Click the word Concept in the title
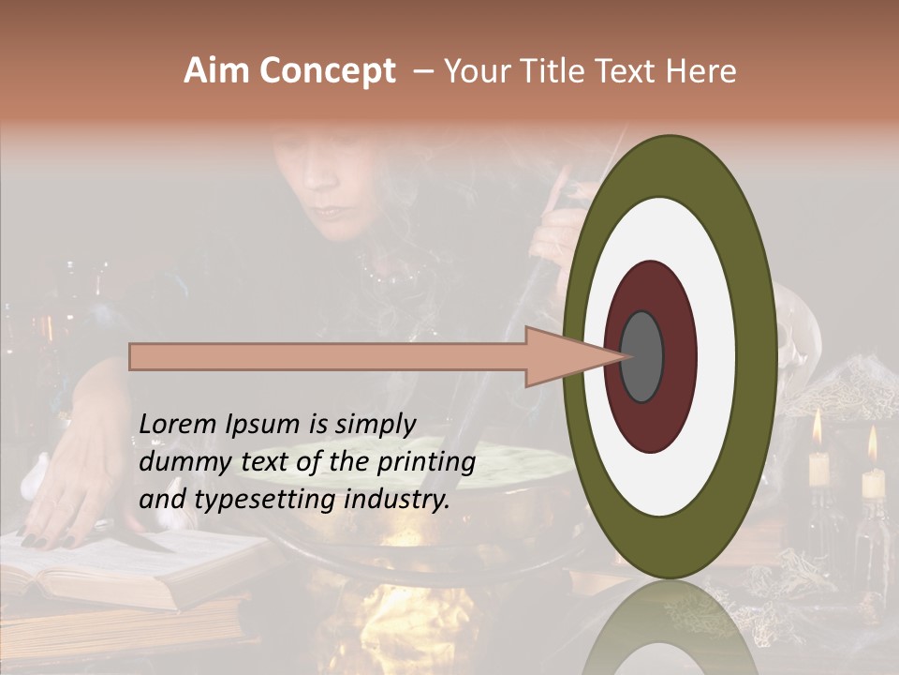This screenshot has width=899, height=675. [x=326, y=71]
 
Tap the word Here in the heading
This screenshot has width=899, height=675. [x=701, y=71]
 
